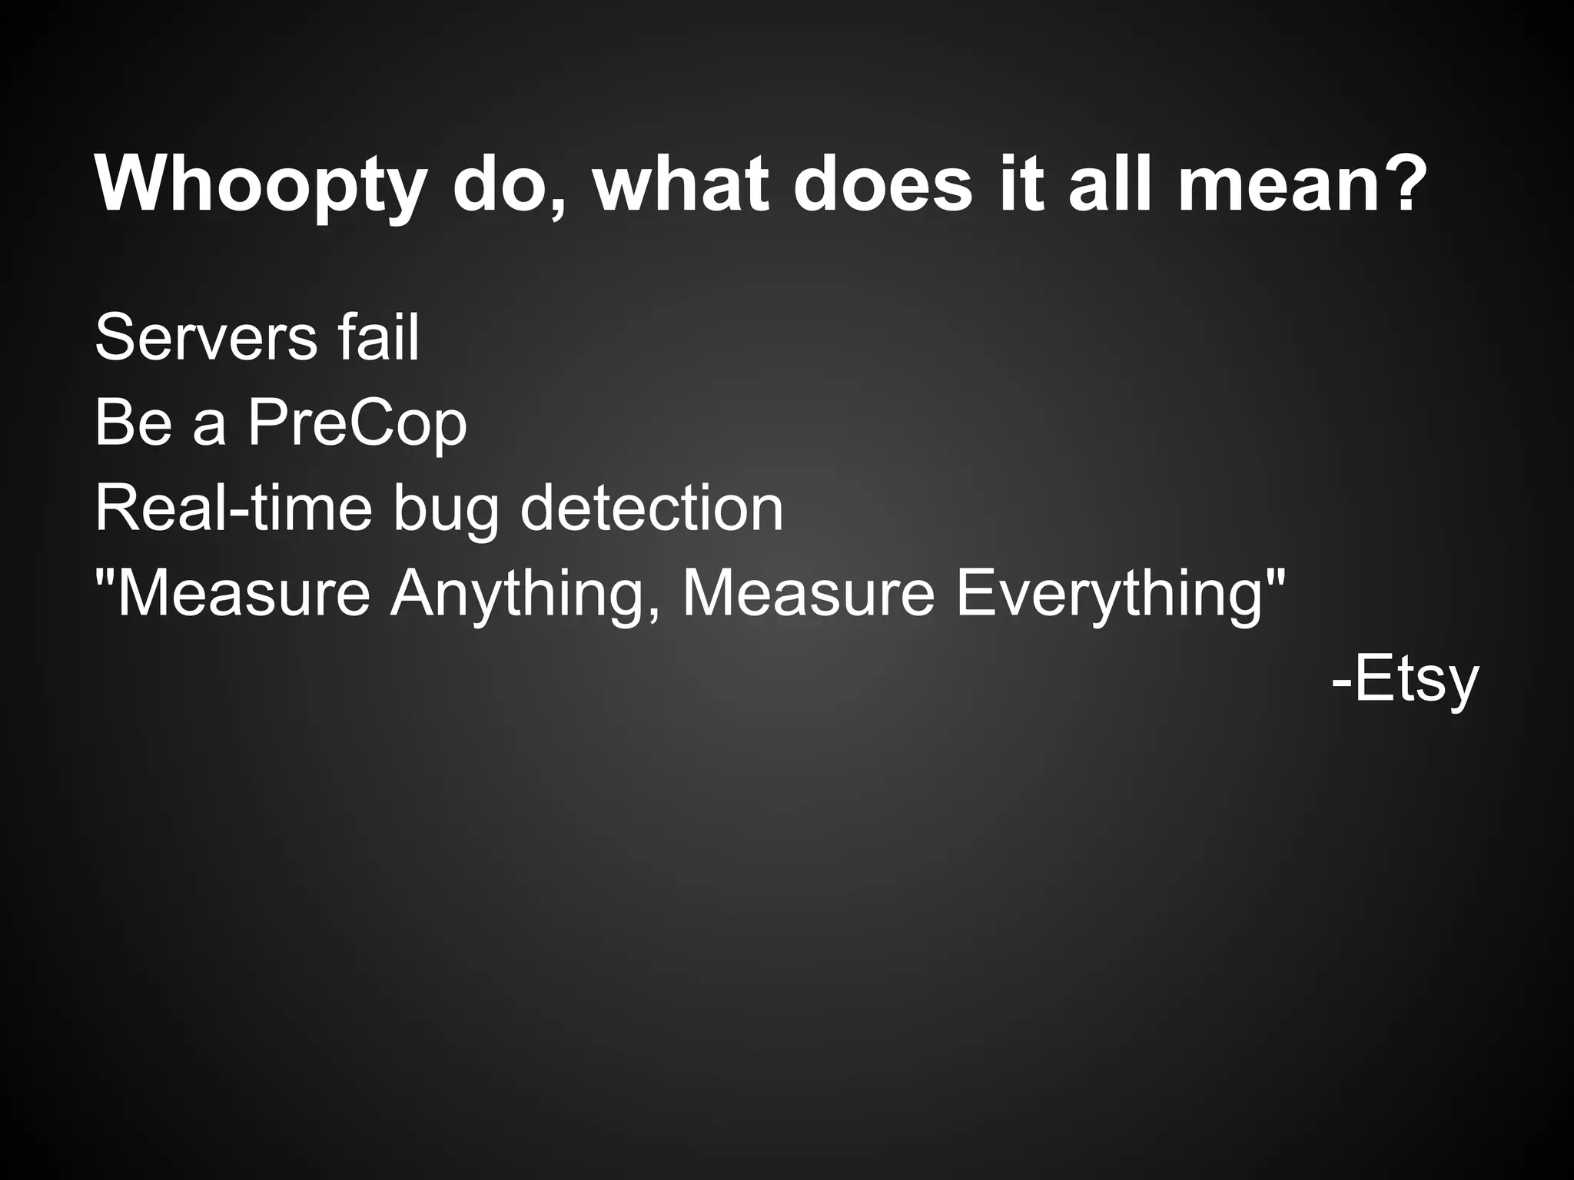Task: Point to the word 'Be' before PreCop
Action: click(133, 423)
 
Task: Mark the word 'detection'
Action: click(652, 509)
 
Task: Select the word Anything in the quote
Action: click(525, 595)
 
